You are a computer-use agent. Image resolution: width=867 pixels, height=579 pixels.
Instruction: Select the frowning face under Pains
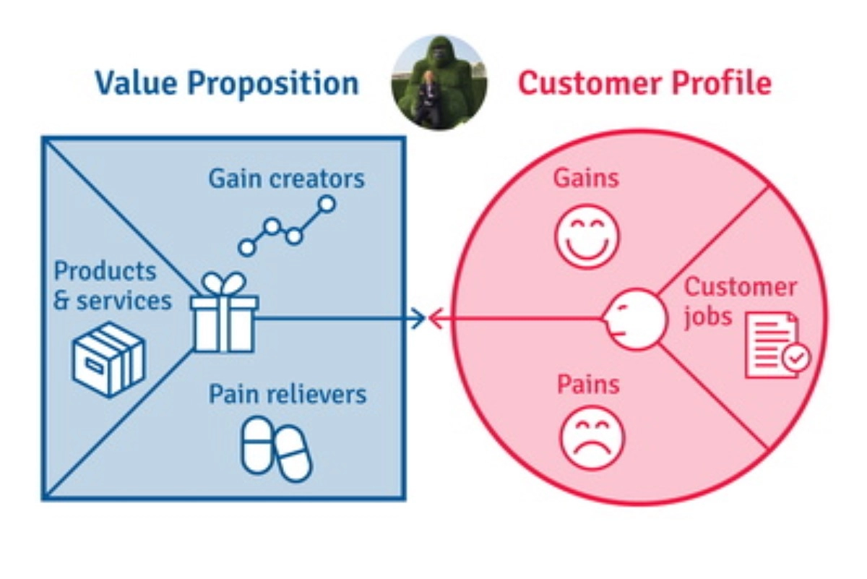click(x=592, y=439)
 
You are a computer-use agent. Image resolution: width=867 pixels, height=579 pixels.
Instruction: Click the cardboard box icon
click(x=108, y=359)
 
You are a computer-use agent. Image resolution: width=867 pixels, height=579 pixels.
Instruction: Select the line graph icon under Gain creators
click(x=287, y=226)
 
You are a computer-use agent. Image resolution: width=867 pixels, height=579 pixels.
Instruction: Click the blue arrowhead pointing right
click(x=418, y=318)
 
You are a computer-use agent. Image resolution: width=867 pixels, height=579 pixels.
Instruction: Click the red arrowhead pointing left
click(x=436, y=318)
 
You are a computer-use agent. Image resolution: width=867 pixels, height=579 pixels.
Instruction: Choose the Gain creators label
click(x=286, y=179)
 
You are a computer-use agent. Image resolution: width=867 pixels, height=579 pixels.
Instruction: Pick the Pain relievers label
click(x=287, y=395)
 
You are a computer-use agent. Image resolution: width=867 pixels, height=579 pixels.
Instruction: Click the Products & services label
click(x=113, y=286)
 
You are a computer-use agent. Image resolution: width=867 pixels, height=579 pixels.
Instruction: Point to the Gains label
click(x=586, y=178)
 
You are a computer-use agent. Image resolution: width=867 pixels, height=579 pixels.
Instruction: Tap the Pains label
click(x=588, y=384)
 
